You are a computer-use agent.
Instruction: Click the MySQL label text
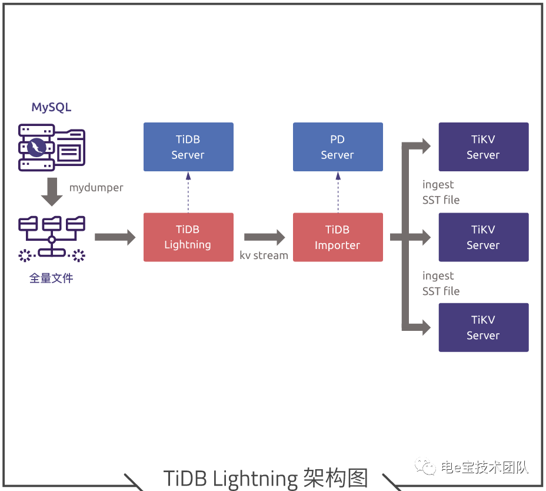point(51,107)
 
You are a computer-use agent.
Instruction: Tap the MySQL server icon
point(52,147)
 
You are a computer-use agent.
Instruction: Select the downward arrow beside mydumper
point(52,191)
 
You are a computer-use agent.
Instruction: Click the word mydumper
point(96,188)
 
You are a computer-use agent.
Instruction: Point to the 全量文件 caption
point(51,278)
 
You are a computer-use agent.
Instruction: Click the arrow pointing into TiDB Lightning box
point(115,237)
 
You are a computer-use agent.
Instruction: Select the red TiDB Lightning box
point(188,237)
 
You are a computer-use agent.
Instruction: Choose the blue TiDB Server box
point(188,147)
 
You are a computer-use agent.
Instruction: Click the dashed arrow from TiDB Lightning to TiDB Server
point(188,192)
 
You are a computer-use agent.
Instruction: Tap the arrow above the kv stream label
point(264,237)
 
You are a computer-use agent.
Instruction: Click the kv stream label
point(264,256)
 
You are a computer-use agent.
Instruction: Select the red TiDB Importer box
point(338,237)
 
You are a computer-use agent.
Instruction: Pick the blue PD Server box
point(338,147)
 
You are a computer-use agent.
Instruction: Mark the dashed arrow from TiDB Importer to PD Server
point(338,192)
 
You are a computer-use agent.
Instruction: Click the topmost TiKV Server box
point(484,147)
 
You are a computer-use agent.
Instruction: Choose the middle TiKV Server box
point(484,237)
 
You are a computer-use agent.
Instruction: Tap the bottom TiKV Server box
point(484,327)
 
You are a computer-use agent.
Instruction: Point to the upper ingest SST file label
point(441,193)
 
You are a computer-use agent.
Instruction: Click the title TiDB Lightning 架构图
point(265,477)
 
